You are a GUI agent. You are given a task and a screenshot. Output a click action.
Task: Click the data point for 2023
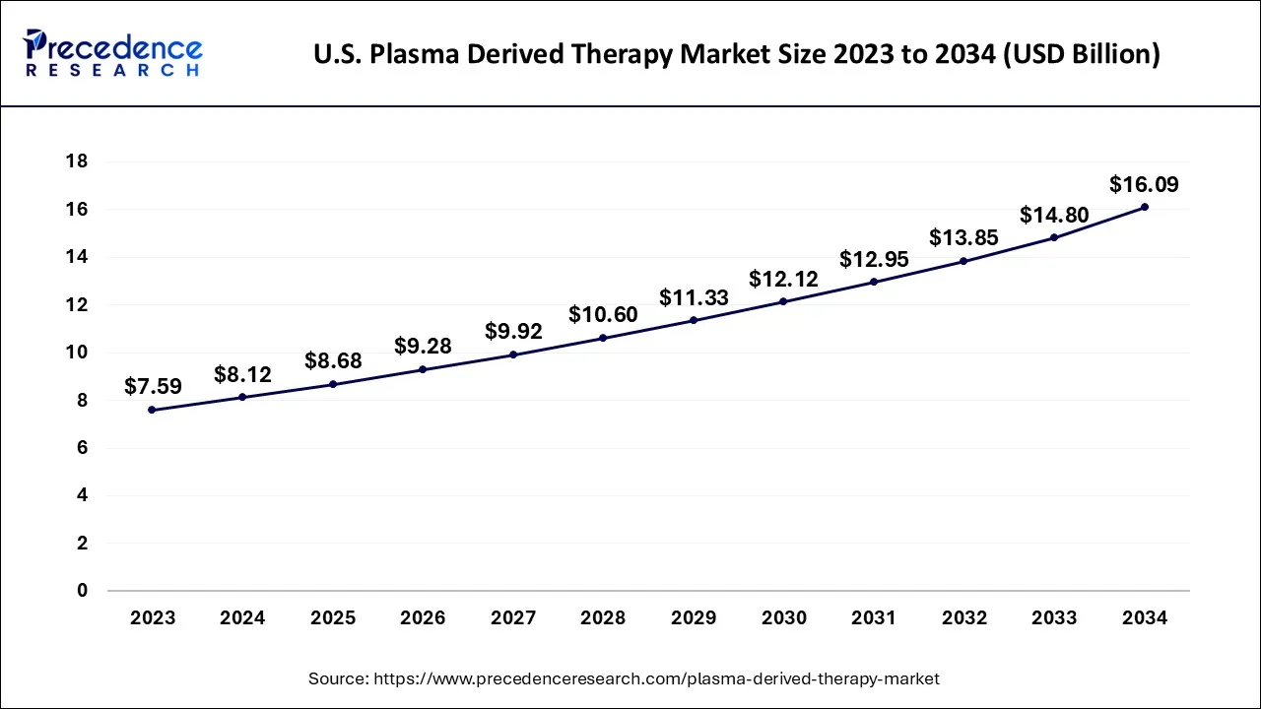coord(152,410)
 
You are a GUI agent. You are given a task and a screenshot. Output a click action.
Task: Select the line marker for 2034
coord(1144,207)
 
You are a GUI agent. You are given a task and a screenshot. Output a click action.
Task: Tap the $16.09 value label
coord(1144,184)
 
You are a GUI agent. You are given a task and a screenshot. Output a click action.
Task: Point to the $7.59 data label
coord(153,387)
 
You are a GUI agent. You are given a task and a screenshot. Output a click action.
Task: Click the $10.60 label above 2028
coord(603,315)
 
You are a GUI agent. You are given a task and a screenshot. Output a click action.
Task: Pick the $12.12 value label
coord(783,279)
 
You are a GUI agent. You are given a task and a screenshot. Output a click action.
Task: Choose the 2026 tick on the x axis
coord(423,618)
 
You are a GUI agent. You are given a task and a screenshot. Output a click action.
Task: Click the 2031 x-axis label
coord(874,618)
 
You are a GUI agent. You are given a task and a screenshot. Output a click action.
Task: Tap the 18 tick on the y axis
coord(77,161)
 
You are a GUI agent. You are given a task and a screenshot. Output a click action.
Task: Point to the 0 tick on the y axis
coord(83,591)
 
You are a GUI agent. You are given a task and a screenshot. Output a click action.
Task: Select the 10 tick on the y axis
coord(77,353)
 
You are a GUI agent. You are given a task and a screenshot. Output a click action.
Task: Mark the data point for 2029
coord(694,320)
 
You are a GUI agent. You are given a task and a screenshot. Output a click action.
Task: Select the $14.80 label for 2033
coord(1053,215)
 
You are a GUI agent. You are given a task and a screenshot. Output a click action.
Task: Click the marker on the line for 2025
coord(332,384)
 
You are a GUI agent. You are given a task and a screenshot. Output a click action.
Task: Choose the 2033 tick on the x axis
coord(1054,618)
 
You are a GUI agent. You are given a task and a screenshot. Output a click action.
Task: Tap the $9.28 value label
coord(423,347)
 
